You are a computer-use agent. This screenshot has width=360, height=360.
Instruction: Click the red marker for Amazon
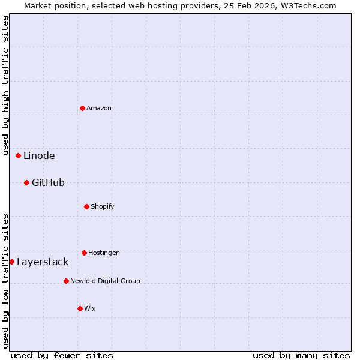[x=82, y=108]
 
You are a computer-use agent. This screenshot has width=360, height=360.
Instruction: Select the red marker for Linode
[x=18, y=155]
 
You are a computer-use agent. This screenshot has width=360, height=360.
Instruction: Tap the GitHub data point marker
[x=26, y=182]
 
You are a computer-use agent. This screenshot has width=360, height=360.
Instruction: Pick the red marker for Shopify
[x=86, y=206]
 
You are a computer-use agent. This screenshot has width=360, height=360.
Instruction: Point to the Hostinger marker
[x=84, y=253]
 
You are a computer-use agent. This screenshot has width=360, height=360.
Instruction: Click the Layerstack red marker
[x=11, y=262]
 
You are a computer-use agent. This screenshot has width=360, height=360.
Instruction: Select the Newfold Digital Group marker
[x=66, y=281]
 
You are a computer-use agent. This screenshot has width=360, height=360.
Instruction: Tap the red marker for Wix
[x=80, y=308]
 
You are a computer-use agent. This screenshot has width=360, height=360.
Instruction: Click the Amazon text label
[x=99, y=108]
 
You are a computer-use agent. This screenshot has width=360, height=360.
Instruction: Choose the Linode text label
[x=39, y=155]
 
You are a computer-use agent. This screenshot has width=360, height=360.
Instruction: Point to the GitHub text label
[x=48, y=182]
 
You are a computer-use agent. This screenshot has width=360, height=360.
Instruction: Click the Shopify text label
[x=103, y=206]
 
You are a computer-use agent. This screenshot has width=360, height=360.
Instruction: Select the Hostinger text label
[x=103, y=253]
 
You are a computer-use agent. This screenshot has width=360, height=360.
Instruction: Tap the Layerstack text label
[x=43, y=262]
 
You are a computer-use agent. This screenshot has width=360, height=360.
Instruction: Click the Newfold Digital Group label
[x=105, y=281]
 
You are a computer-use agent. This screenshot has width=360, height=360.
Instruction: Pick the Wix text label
[x=90, y=308]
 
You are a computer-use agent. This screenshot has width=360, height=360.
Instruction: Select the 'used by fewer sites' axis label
[x=62, y=355]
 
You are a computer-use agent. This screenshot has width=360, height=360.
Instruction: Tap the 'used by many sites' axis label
[x=301, y=355]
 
